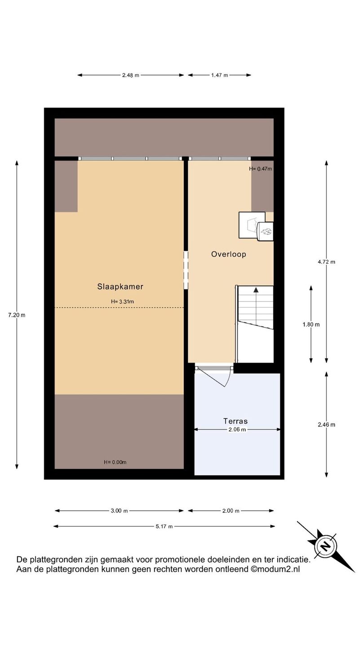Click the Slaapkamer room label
pos(120,287)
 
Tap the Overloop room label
pos(228,254)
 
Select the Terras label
pos(235,421)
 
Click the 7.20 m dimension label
pos(17,315)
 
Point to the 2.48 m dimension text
pos(131,75)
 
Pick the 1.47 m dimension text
pos(220,75)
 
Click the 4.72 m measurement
pos(326,262)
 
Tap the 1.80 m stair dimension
pos(311,325)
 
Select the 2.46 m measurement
pos(326,425)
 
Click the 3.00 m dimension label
pos(120,511)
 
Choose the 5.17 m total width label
pos(164,526)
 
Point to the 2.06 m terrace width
pos(237,430)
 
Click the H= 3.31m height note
pos(123,301)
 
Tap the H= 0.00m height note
pos(115,462)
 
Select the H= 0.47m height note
pos(261,168)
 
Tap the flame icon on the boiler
pos(266,231)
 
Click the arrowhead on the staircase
pos(256,290)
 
